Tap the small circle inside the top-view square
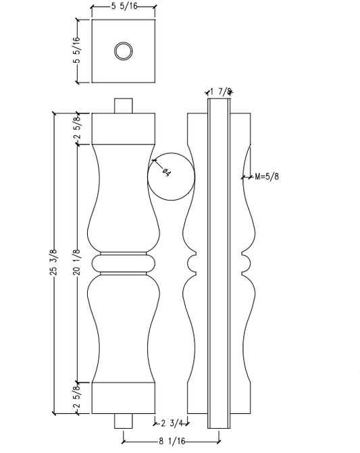point(124,51)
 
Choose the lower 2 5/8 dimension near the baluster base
point(76,397)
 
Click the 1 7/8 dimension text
point(221,91)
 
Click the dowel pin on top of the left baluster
point(124,106)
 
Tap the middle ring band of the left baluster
point(124,263)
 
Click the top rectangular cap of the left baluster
point(124,128)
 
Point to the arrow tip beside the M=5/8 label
point(243,178)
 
